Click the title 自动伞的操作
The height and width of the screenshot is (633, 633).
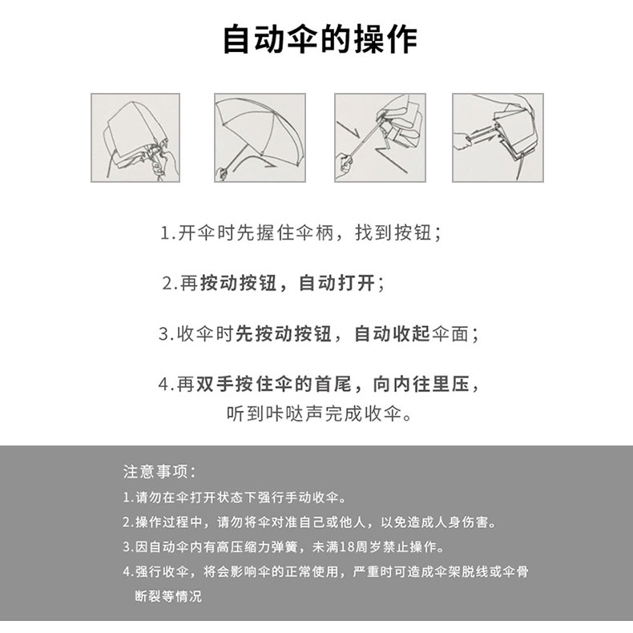click(321, 39)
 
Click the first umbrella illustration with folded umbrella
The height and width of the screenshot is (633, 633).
click(135, 138)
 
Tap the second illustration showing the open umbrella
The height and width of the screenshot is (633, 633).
click(260, 138)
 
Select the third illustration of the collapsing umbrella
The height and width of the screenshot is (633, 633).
click(380, 138)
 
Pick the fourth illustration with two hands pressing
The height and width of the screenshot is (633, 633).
click(498, 138)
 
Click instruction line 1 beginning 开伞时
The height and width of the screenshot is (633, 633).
click(300, 233)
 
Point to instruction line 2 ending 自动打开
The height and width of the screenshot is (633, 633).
click(274, 283)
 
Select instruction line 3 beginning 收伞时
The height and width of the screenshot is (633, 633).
click(319, 334)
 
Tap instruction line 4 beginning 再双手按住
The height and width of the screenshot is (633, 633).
click(319, 384)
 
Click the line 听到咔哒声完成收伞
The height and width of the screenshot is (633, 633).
click(319, 413)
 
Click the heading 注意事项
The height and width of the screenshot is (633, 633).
click(159, 471)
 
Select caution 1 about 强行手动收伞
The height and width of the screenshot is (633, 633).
click(235, 498)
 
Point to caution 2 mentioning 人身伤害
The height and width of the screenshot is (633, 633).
click(309, 522)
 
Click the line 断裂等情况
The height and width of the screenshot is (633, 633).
click(168, 596)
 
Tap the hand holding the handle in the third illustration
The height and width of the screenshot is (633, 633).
click(345, 163)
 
